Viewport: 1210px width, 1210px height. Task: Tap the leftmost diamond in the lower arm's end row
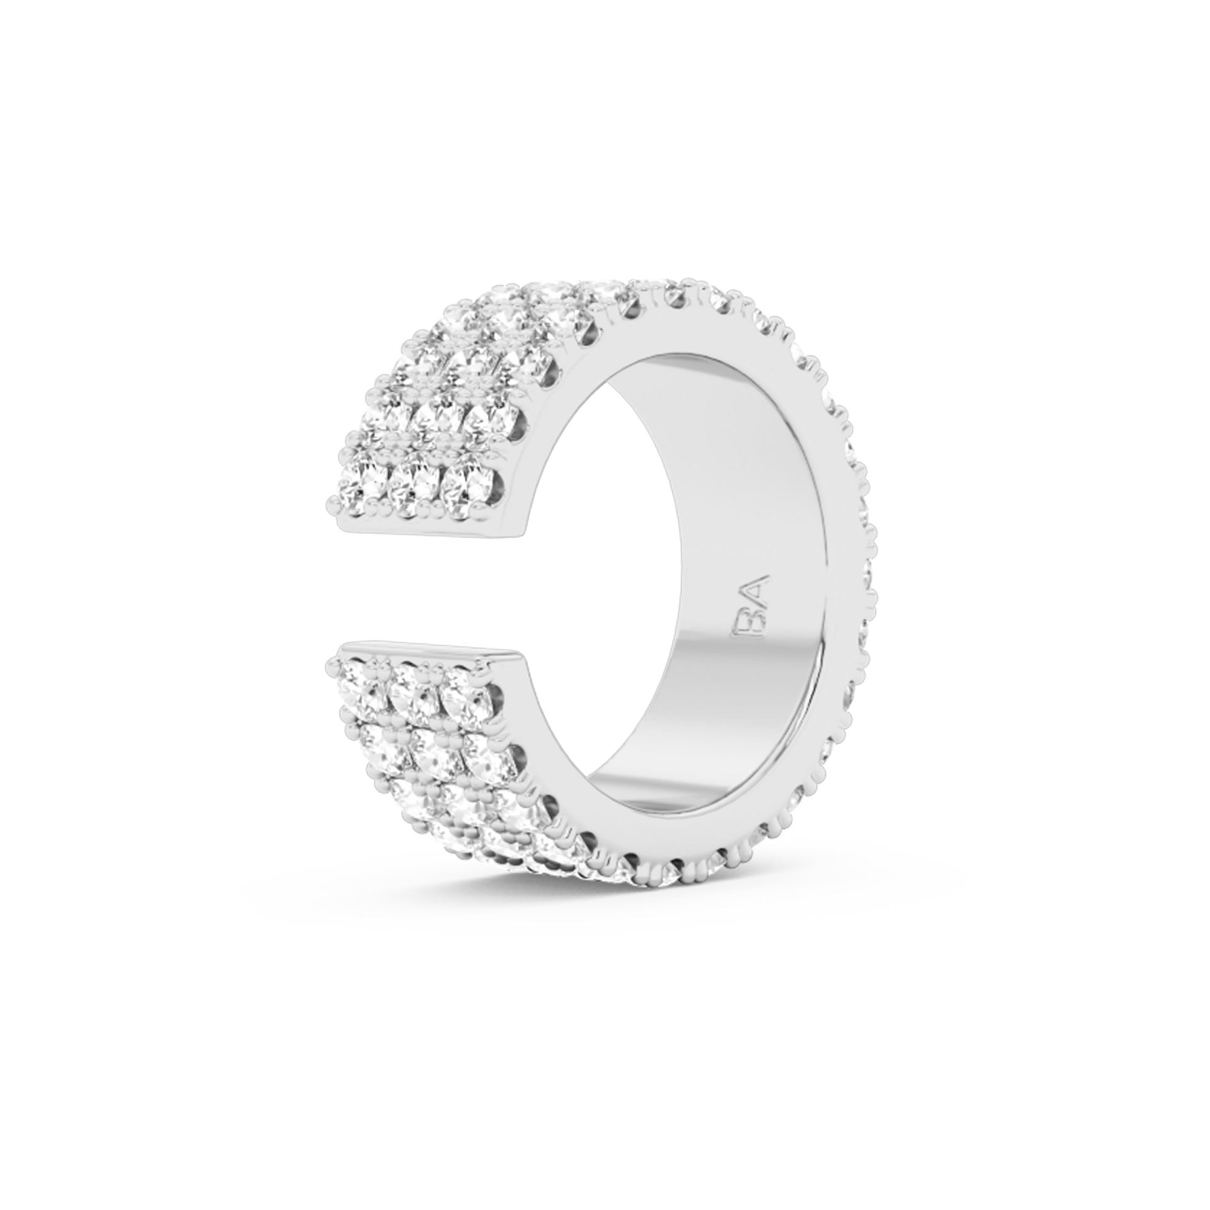pos(362,680)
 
